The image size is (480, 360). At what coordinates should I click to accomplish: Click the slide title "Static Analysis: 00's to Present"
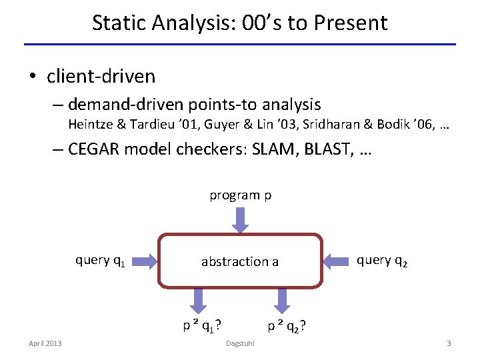(x=239, y=23)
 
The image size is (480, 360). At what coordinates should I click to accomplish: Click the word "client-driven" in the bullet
(x=101, y=77)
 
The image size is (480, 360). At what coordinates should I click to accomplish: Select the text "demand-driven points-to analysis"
(x=194, y=105)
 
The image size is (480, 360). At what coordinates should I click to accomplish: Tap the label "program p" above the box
(x=240, y=195)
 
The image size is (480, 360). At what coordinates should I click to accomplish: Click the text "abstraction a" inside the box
(x=240, y=261)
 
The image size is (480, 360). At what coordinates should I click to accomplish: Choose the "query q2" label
(x=382, y=261)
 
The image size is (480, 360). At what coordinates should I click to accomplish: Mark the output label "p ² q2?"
(x=287, y=326)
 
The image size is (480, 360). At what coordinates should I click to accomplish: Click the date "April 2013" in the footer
(x=45, y=343)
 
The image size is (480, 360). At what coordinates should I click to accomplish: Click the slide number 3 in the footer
(x=449, y=343)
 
